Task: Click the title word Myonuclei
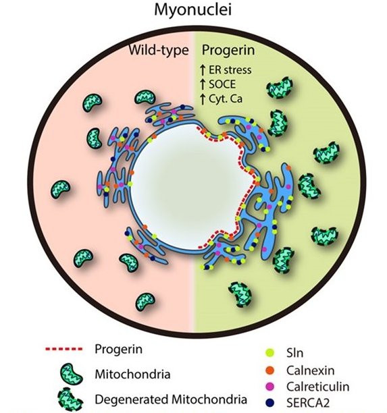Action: click(192, 11)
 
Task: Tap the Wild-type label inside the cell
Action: click(159, 50)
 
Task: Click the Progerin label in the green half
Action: click(228, 51)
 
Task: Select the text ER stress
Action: click(230, 70)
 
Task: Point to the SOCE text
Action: click(222, 84)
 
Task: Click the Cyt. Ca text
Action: click(226, 99)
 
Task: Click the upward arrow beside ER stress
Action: click(203, 70)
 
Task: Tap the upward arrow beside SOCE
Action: click(203, 84)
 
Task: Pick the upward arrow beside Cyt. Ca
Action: click(203, 99)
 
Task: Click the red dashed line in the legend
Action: click(63, 350)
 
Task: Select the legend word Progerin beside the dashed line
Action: click(119, 350)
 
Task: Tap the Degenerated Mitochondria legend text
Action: click(171, 400)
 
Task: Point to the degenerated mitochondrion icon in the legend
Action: click(70, 400)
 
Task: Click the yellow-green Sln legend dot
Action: click(270, 353)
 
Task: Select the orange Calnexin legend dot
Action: click(270, 370)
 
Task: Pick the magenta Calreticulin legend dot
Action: click(270, 387)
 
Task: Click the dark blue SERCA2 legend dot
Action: click(270, 402)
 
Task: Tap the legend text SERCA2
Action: click(308, 403)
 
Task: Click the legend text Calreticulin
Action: click(318, 387)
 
